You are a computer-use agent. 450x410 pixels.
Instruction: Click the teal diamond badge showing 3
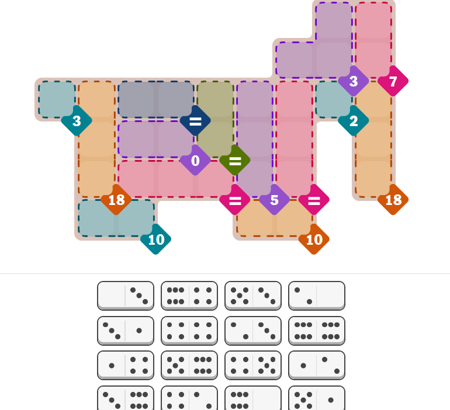point(77,121)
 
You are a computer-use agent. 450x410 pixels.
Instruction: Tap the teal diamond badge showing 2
point(354,121)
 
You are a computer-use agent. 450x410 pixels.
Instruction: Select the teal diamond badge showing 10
point(156,239)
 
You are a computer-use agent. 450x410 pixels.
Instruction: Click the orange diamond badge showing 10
point(314,239)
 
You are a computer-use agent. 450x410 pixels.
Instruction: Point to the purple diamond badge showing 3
point(354,81)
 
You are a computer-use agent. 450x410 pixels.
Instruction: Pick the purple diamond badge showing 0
point(195,160)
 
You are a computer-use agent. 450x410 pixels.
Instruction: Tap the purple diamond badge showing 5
point(274,200)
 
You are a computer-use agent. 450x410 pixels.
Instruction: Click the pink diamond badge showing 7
point(393,81)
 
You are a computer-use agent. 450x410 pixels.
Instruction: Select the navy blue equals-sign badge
point(195,121)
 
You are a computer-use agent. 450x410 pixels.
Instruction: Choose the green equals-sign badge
point(235,160)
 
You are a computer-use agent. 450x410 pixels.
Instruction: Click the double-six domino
point(317,331)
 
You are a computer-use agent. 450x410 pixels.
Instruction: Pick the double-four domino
point(189,331)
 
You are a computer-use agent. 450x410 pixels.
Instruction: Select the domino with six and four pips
point(189,296)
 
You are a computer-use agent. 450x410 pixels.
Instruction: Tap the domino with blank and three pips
point(126,296)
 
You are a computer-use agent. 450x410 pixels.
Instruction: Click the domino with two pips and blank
point(317,296)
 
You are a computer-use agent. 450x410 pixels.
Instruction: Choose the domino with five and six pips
point(189,366)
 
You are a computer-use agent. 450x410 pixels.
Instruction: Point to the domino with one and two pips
point(317,366)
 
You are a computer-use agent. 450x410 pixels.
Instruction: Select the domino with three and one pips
point(126,331)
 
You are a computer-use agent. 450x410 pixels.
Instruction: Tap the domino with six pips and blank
point(253,398)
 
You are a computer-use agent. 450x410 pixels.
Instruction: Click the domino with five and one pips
point(317,398)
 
